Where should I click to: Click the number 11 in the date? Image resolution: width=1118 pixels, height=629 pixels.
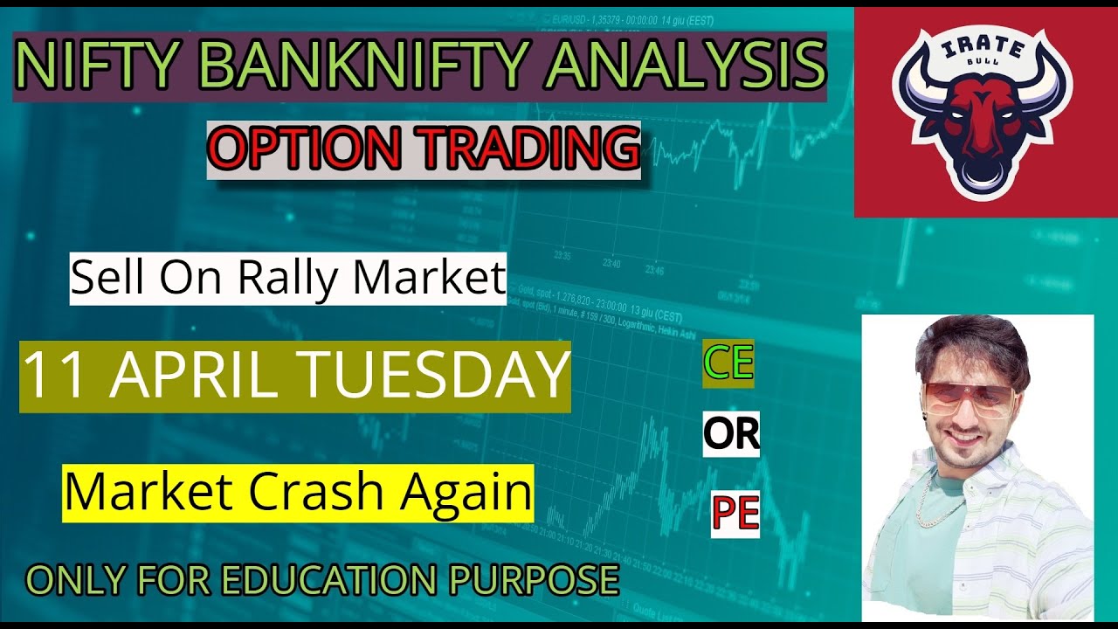pyautogui.click(x=49, y=376)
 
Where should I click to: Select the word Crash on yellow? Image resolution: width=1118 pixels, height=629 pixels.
pyautogui.click(x=320, y=493)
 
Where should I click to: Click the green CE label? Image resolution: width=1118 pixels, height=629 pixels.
pyautogui.click(x=728, y=363)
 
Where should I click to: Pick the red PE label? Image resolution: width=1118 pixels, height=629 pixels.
pyautogui.click(x=735, y=515)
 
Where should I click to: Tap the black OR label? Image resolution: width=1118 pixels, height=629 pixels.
pyautogui.click(x=731, y=434)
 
